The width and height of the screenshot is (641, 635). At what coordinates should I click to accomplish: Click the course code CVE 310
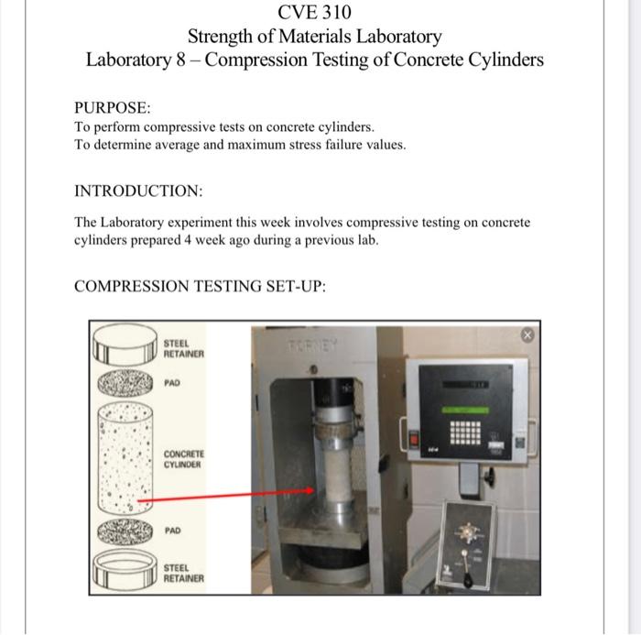(314, 13)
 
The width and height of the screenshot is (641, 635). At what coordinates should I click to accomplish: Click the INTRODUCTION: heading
(138, 192)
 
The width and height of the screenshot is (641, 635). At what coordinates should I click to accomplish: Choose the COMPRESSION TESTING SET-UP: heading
(200, 286)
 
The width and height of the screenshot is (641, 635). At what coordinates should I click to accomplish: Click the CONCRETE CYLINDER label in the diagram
(184, 459)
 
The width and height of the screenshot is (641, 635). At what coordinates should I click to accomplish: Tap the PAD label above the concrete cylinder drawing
(172, 383)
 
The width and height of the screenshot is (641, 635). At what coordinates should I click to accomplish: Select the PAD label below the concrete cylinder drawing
(172, 531)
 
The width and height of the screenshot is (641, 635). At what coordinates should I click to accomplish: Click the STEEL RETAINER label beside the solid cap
(184, 347)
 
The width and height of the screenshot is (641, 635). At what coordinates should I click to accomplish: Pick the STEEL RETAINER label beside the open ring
(184, 574)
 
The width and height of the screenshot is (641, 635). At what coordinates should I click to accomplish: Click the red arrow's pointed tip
(313, 490)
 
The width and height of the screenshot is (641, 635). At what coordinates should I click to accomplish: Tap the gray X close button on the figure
(527, 335)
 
